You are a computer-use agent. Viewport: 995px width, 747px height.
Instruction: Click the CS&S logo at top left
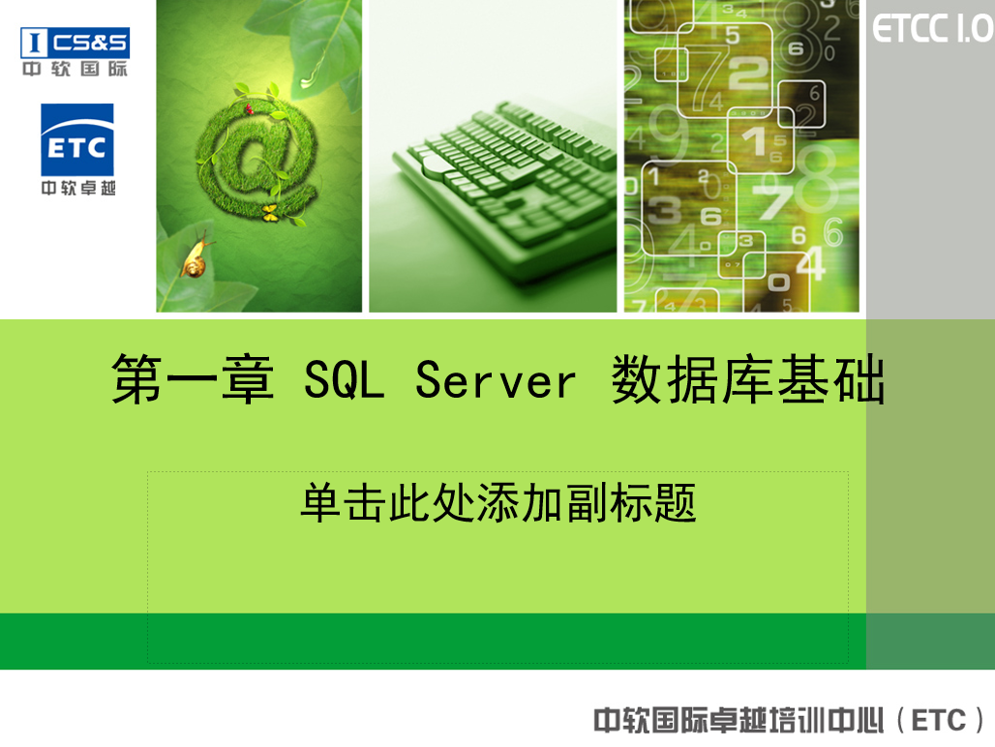coord(75,42)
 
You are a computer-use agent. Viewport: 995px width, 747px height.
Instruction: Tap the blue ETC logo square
coord(77,140)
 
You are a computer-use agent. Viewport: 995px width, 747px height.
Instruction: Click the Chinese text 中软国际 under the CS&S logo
coord(75,70)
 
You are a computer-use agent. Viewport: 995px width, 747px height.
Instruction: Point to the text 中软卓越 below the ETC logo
coord(77,188)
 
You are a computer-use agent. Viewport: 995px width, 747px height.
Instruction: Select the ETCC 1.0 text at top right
coord(932,29)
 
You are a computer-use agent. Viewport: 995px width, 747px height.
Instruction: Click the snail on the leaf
coord(196,258)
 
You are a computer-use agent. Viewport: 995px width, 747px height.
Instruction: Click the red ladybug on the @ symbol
coord(248,109)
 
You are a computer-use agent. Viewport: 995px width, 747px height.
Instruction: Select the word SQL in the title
coord(344,380)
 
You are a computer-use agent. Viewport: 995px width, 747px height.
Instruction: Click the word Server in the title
coord(496,380)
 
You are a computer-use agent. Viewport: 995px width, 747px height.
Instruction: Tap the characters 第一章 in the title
coord(193,380)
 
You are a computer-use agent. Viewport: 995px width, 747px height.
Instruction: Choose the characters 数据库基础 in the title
coord(748,380)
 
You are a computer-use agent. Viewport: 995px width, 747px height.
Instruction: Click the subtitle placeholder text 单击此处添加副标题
coord(497,503)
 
